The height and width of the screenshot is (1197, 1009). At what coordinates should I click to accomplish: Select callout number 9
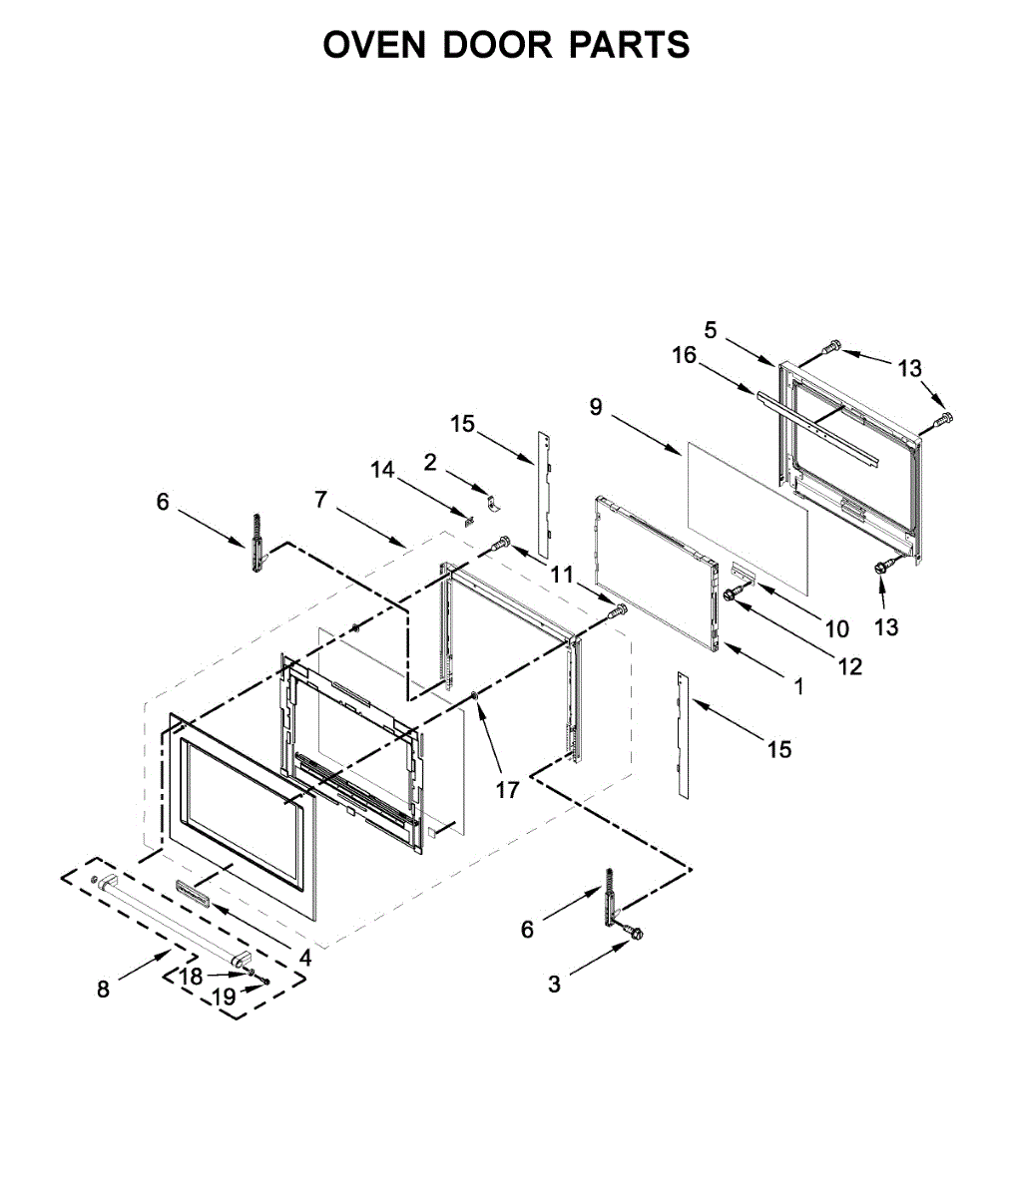[596, 406]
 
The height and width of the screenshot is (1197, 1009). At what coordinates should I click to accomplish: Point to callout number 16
[684, 355]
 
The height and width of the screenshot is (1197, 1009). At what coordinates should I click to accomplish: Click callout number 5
[711, 329]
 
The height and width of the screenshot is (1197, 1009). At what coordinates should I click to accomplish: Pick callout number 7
[320, 499]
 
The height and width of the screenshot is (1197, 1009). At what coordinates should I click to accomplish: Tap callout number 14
[383, 469]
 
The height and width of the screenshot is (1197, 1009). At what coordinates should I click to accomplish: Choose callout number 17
[508, 790]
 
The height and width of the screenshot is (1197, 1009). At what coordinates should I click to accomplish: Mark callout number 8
[104, 989]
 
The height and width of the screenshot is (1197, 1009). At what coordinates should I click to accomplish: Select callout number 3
[554, 985]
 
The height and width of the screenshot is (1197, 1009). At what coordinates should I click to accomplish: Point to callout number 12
[850, 666]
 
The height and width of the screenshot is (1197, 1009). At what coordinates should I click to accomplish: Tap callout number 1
[797, 686]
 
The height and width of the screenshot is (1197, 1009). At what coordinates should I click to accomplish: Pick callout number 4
[305, 958]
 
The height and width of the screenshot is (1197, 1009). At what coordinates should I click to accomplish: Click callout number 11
[562, 575]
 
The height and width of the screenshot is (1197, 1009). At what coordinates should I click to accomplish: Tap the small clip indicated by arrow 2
[491, 500]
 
